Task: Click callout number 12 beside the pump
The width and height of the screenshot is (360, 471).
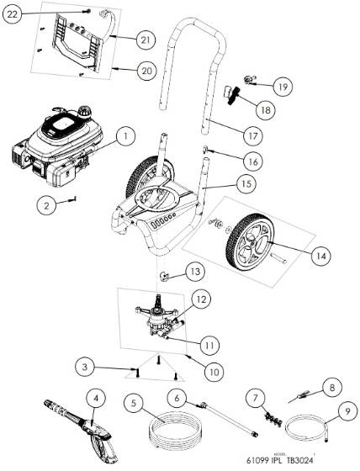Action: [x=201, y=298]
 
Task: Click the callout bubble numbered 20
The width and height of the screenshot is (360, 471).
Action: [x=146, y=72]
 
